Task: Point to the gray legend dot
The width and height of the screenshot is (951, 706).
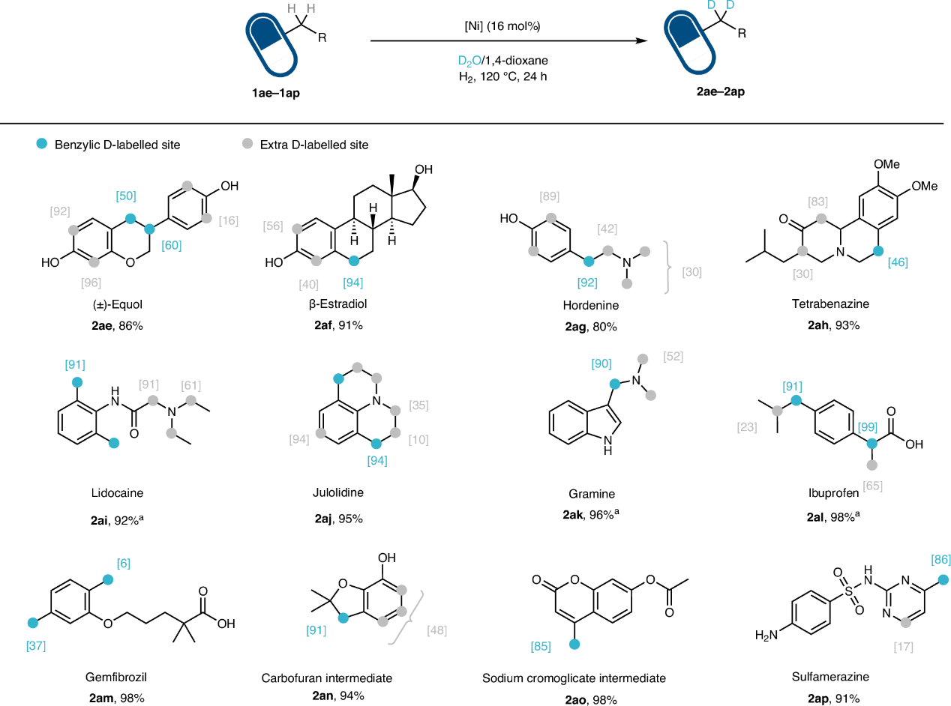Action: (247, 144)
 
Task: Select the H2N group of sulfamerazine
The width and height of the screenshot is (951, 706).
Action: (769, 636)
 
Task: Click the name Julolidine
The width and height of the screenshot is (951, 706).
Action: (356, 494)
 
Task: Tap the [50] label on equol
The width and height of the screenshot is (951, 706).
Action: (125, 196)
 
